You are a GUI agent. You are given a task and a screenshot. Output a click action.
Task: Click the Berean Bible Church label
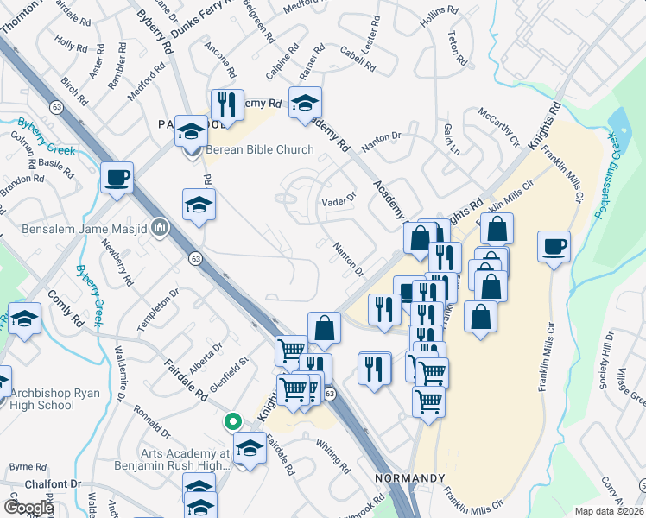(x=258, y=149)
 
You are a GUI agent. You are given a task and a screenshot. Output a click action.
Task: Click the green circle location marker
(x=231, y=422)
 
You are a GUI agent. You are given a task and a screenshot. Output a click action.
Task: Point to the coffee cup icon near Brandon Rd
(x=117, y=178)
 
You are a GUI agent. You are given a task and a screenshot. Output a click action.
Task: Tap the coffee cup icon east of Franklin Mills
(x=554, y=247)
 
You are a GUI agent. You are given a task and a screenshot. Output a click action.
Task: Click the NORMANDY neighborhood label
(x=410, y=478)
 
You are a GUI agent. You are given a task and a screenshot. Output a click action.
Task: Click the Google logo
(x=28, y=508)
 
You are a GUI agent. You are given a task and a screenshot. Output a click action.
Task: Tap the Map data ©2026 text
(x=609, y=511)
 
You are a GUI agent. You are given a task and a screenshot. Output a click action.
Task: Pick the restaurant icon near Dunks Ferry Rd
(x=227, y=105)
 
